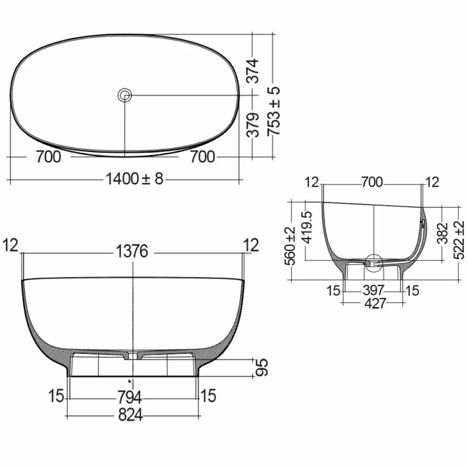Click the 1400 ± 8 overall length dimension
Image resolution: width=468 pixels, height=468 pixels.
coord(134,178)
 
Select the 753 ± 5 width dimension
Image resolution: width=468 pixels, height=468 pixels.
coord(274,111)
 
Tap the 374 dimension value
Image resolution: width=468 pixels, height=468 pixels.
coord(253,71)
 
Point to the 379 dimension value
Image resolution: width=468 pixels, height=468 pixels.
coord(253,125)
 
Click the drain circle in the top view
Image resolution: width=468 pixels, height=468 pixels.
coord(124,95)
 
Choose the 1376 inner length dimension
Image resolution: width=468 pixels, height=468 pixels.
coord(132,252)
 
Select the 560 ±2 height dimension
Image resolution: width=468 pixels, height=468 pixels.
coord(291,245)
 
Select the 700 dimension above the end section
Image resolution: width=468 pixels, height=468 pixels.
coord(373,182)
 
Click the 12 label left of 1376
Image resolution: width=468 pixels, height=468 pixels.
coord(12,245)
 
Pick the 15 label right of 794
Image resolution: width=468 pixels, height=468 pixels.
coord(208,396)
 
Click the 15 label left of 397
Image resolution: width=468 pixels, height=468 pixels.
coord(334,291)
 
